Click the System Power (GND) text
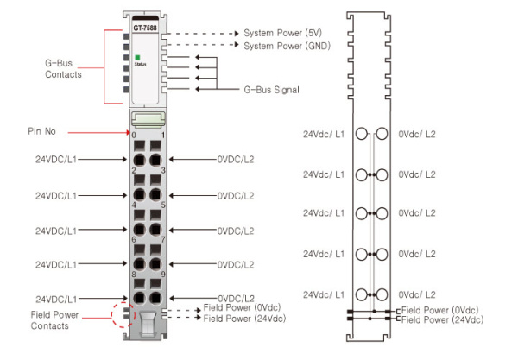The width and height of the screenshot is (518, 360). click(285, 46)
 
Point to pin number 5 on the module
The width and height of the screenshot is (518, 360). click(163, 205)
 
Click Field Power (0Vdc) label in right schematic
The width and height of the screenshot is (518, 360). click(439, 310)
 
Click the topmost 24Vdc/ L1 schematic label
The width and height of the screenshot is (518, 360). click(324, 136)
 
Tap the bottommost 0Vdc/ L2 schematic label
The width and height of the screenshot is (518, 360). click(417, 294)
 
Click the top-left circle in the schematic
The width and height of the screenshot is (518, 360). click(361, 136)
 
